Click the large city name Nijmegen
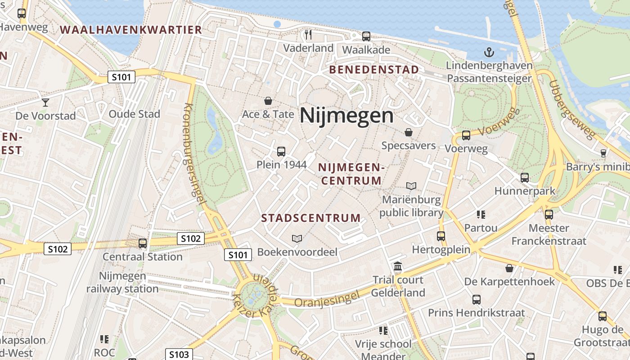click(x=346, y=116)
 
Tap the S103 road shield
click(x=179, y=355)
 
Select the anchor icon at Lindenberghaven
click(x=489, y=52)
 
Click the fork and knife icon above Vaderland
click(x=308, y=35)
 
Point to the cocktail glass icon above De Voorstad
click(x=45, y=102)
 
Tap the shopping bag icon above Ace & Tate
click(x=268, y=101)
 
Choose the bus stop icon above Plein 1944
click(x=281, y=152)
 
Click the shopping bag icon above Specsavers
click(x=409, y=132)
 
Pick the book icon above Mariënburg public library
click(x=411, y=186)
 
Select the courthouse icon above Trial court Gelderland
click(x=398, y=267)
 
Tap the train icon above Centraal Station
click(x=143, y=243)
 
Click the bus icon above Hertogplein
click(x=441, y=236)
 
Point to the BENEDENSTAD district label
click(x=374, y=70)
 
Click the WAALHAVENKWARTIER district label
click(x=131, y=30)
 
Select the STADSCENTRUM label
click(x=311, y=218)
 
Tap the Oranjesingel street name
click(x=327, y=299)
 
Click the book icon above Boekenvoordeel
click(x=297, y=238)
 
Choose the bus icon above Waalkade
click(x=366, y=36)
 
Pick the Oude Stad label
click(x=134, y=114)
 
